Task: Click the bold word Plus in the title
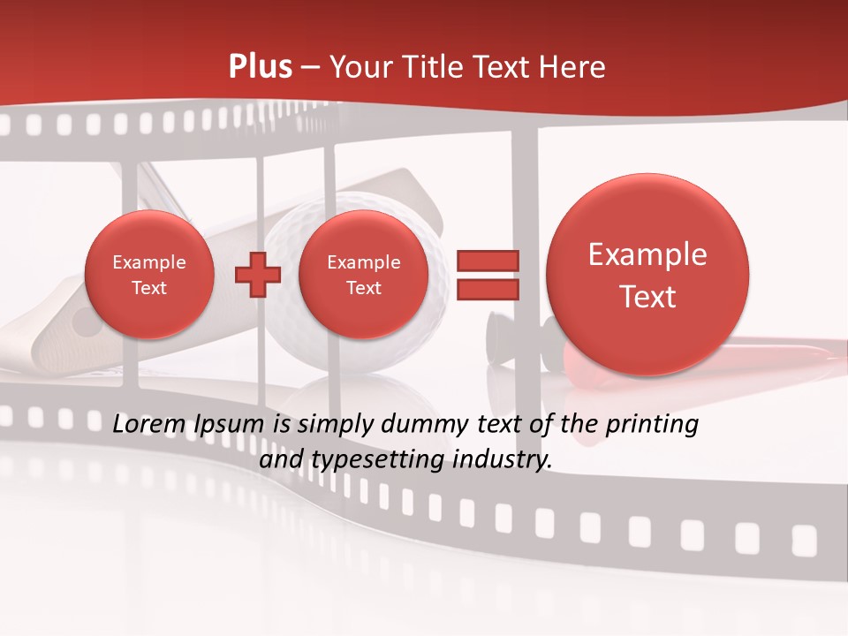tap(261, 67)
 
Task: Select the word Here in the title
tap(573, 67)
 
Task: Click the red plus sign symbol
tap(257, 275)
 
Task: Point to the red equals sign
tap(487, 275)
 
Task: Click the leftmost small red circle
tap(148, 275)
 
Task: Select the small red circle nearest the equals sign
tap(363, 275)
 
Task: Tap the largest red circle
tap(647, 275)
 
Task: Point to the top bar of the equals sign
tap(487, 261)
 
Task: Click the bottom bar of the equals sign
tap(487, 290)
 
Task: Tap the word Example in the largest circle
tap(647, 254)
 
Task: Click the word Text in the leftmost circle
tap(148, 288)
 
